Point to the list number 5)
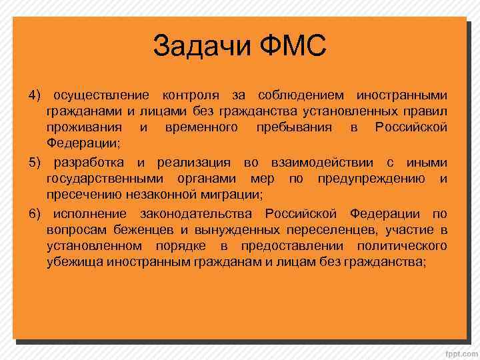point(35,163)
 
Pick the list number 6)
point(35,213)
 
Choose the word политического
point(399,246)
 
